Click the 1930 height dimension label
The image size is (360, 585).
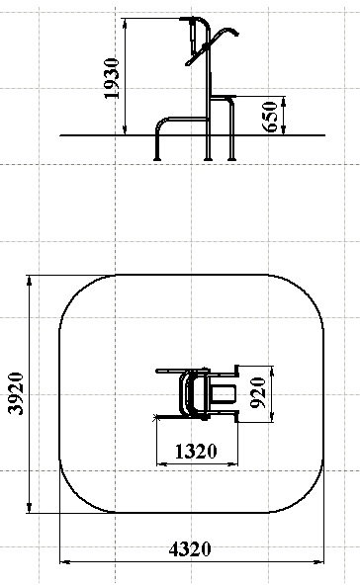[x=112, y=78]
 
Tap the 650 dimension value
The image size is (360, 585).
[x=270, y=117]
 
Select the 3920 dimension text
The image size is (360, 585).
[x=16, y=393]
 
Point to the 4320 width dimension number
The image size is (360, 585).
[x=190, y=549]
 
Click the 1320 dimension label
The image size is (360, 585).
[x=196, y=451]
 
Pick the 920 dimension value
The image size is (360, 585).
[x=258, y=393]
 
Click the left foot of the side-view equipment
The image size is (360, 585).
[x=157, y=159]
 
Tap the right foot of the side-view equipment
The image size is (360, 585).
[x=231, y=159]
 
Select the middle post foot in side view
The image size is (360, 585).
[x=209, y=159]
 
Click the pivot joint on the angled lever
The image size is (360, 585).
[x=205, y=46]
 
